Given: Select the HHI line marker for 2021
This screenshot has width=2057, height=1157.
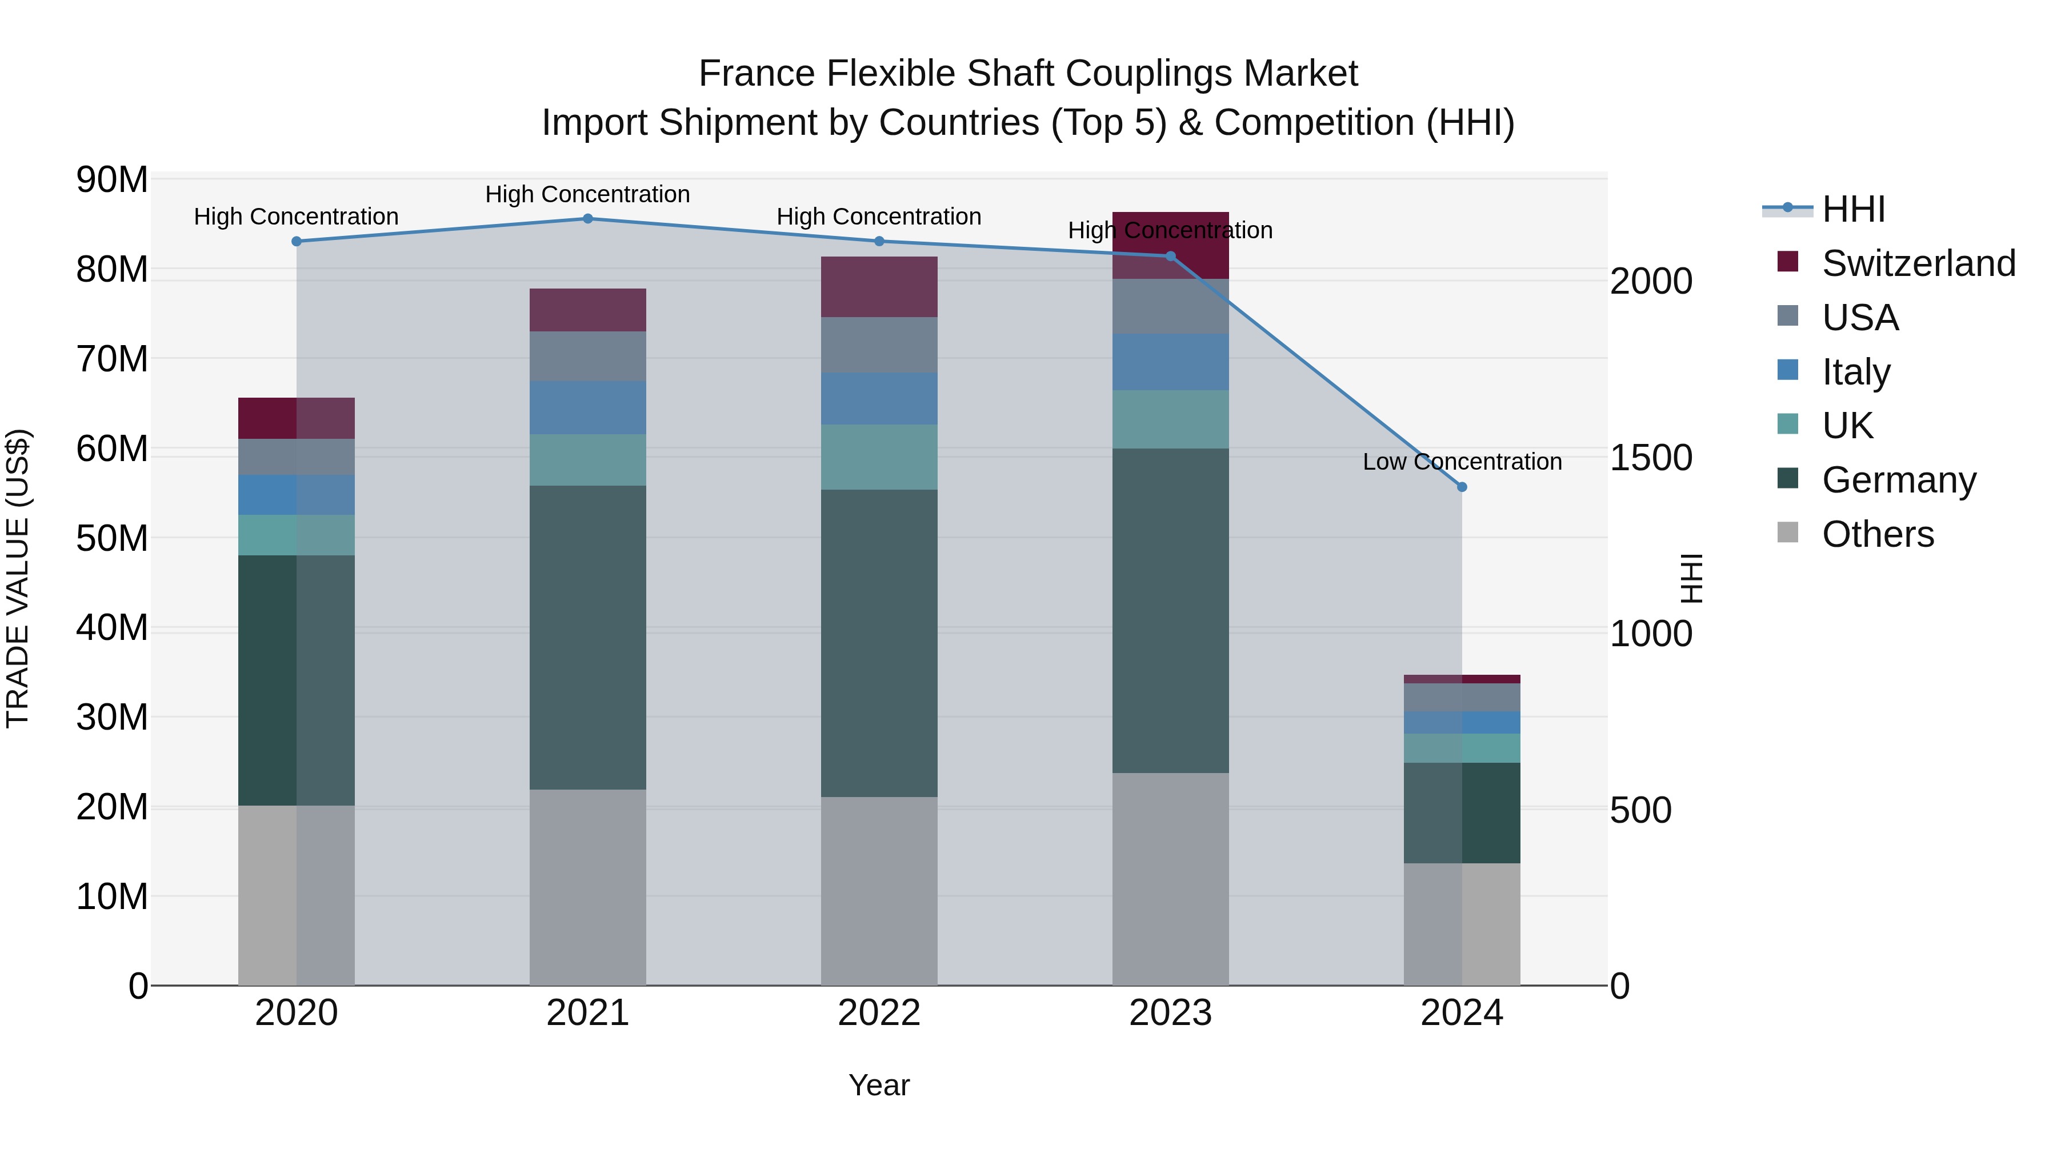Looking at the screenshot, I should click(x=588, y=218).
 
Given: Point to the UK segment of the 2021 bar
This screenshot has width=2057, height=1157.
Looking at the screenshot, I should click(x=588, y=459).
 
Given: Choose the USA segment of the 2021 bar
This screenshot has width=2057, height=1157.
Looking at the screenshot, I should click(x=588, y=356).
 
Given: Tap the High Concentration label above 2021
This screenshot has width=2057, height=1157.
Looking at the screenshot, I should click(x=588, y=194).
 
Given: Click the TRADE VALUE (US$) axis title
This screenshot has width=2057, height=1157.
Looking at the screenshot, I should click(x=18, y=578).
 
